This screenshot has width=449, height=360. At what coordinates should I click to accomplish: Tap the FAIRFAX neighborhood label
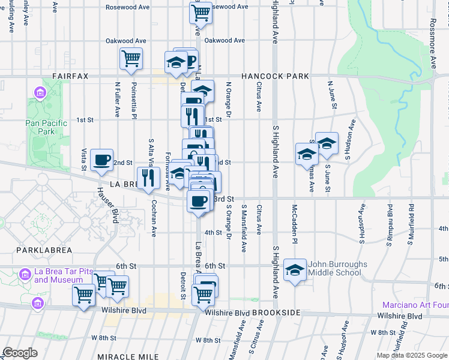click(x=70, y=76)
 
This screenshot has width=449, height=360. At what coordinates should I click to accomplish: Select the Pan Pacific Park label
click(x=43, y=127)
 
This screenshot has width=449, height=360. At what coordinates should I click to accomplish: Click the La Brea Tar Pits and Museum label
click(x=58, y=275)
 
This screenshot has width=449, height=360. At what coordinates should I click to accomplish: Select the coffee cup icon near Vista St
click(x=101, y=159)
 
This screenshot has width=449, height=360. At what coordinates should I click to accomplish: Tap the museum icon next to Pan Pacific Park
click(x=40, y=93)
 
